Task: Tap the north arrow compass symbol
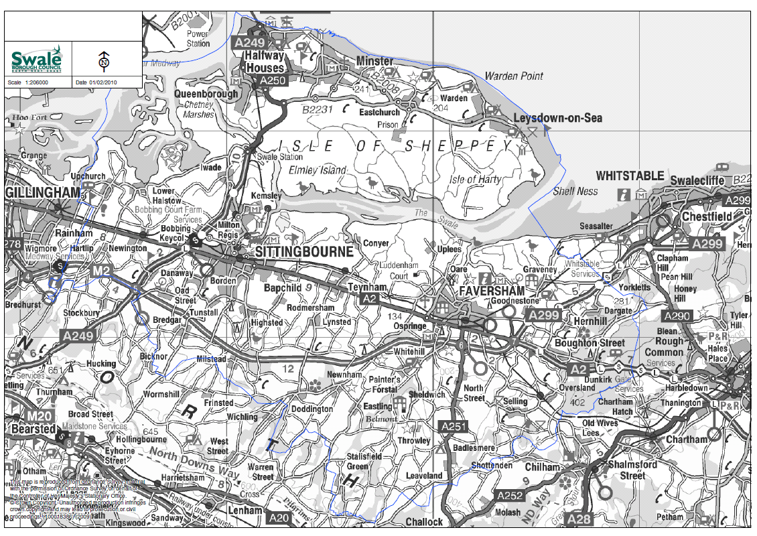click(x=103, y=61)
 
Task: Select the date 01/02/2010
click(x=103, y=82)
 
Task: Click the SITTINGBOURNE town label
click(x=303, y=253)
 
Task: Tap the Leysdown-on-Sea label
click(x=557, y=119)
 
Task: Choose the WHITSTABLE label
click(x=630, y=176)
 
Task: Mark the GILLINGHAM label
click(x=42, y=192)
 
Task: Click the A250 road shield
click(x=272, y=80)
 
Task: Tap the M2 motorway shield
click(x=102, y=271)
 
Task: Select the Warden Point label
click(x=514, y=76)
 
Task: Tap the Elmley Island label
click(x=318, y=170)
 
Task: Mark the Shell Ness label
click(x=575, y=192)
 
